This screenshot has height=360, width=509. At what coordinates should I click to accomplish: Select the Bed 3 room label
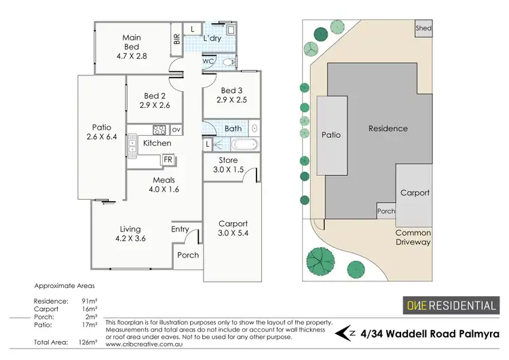point(228,90)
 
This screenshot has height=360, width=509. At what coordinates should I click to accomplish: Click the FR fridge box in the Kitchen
point(168,160)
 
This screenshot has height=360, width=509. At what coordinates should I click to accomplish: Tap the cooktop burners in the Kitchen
point(159,130)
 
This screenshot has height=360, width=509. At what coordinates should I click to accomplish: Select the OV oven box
point(176,130)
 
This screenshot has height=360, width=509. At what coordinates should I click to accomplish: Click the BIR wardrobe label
point(176,39)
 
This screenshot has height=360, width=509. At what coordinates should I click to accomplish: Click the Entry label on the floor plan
point(180,230)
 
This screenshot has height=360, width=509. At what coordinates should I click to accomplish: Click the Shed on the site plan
point(423,29)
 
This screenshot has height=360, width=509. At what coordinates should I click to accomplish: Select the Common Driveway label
point(413,237)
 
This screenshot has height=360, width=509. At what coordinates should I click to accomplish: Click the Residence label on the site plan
point(388,128)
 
